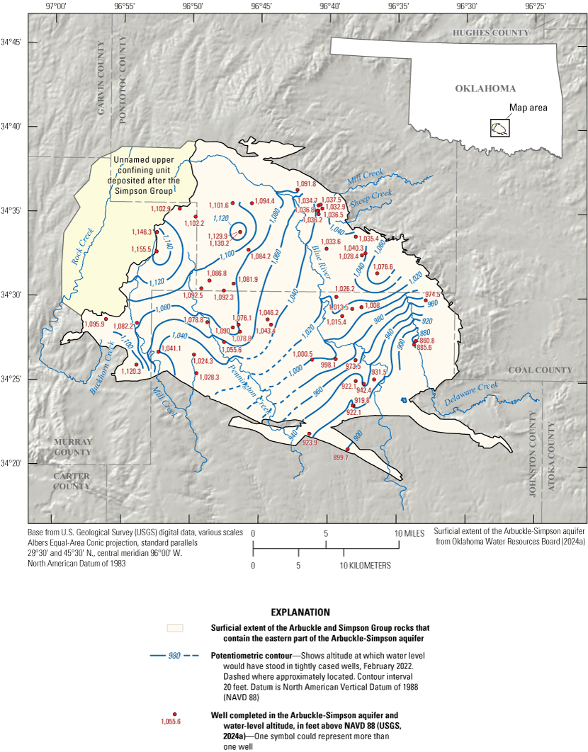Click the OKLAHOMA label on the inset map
click(485, 89)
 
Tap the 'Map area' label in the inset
click(528, 108)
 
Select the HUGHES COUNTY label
click(491, 33)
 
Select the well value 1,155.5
click(140, 249)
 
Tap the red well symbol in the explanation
click(174, 714)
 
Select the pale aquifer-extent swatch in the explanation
click(174, 628)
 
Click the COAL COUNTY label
click(540, 370)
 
